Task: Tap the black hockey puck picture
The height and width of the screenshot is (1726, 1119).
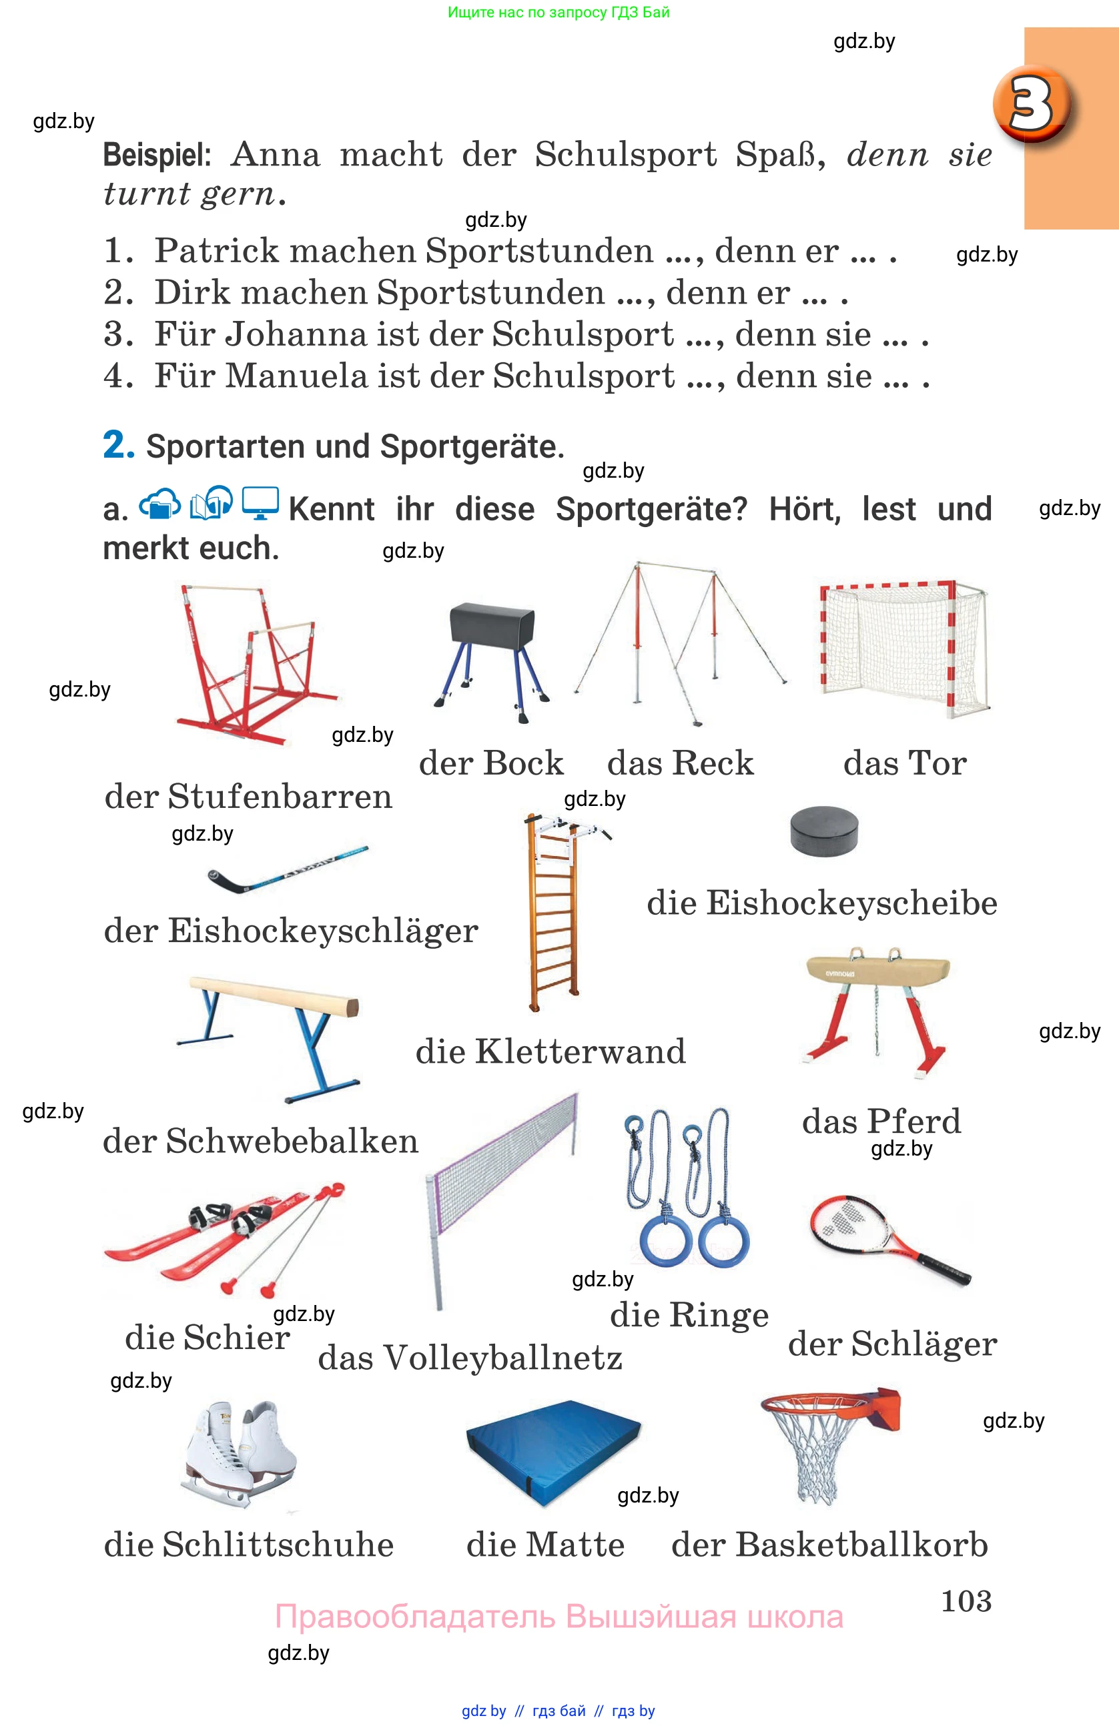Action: click(x=824, y=831)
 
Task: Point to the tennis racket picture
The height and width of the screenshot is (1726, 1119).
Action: click(x=887, y=1240)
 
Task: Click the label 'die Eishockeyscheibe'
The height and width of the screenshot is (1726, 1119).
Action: click(x=821, y=903)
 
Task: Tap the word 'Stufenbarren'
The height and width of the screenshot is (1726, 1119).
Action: click(x=280, y=796)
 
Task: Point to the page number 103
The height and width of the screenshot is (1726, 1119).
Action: click(x=966, y=1601)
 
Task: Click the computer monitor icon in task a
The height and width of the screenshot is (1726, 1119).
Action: click(x=260, y=502)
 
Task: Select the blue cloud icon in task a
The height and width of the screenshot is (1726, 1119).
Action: click(x=159, y=503)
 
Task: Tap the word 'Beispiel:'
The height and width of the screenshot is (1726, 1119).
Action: click(x=157, y=155)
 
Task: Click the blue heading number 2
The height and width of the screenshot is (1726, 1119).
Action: click(x=118, y=444)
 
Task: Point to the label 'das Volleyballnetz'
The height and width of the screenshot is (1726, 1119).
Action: click(x=470, y=1358)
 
